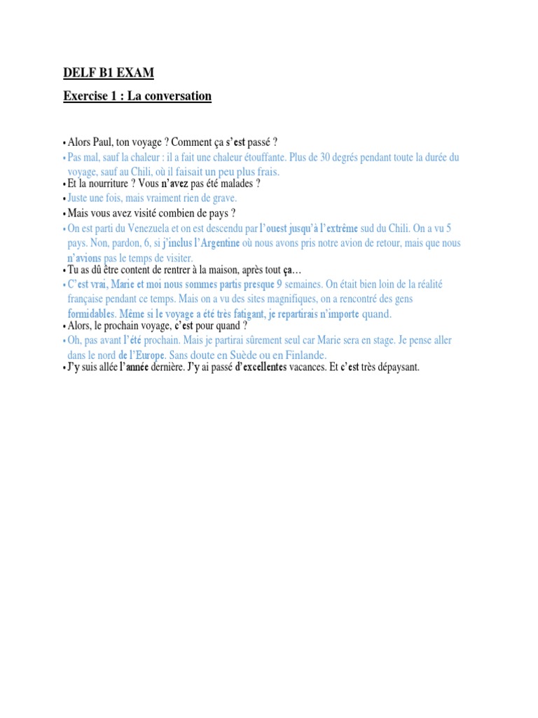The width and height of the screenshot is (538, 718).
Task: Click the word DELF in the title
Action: pyautogui.click(x=78, y=73)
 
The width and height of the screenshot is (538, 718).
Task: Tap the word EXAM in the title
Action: pyautogui.click(x=134, y=73)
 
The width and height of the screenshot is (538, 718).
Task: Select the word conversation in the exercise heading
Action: pyautogui.click(x=176, y=96)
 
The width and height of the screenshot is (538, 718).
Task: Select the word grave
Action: pyautogui.click(x=221, y=199)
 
